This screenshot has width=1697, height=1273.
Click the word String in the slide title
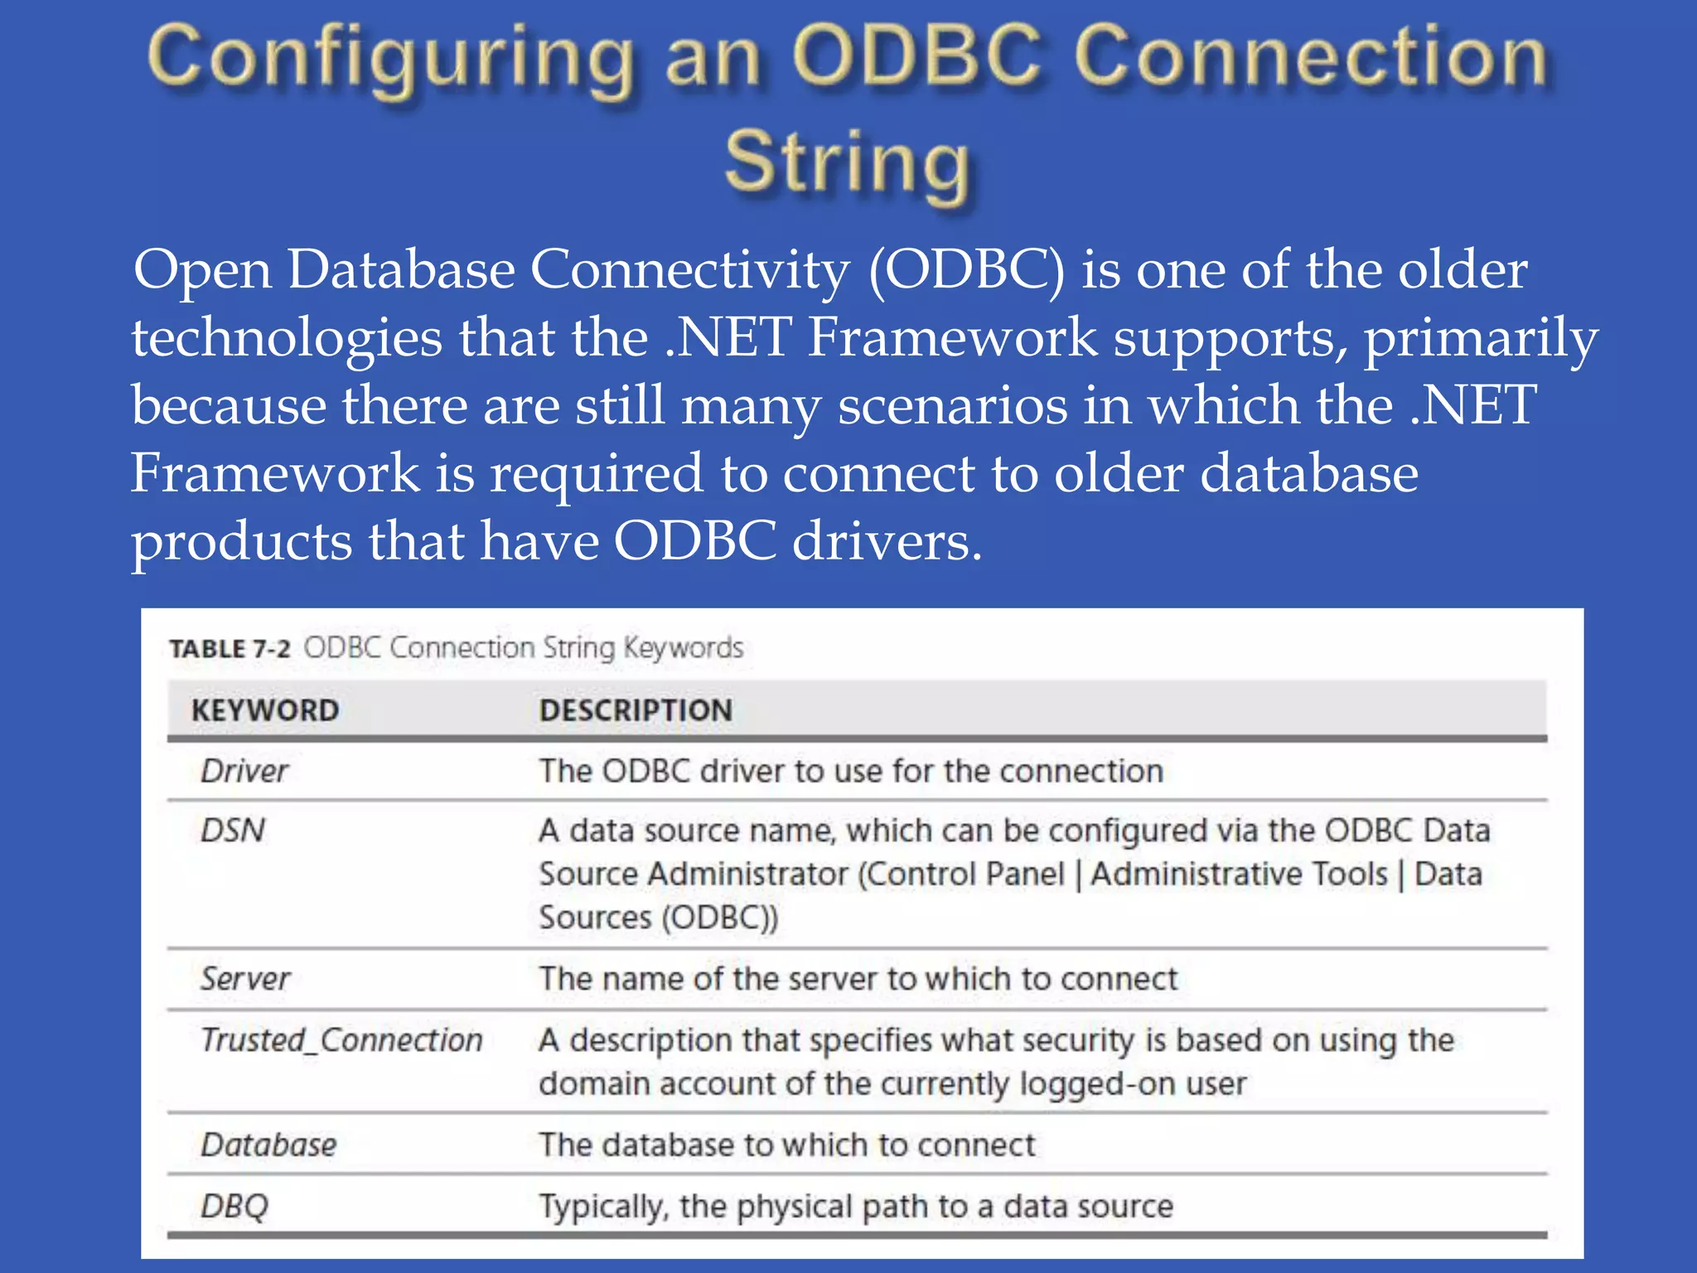tap(847, 162)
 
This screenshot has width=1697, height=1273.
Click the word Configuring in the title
tap(389, 58)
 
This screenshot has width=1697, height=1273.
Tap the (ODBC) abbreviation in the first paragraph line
tap(966, 270)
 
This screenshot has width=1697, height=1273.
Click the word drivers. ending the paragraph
tap(887, 542)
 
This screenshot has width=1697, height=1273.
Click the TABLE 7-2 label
tap(230, 649)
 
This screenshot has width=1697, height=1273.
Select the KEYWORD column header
tap(265, 710)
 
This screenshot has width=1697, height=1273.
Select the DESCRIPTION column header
tap(636, 710)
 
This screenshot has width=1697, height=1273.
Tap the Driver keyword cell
tap(244, 772)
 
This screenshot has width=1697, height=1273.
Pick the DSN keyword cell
tap(233, 830)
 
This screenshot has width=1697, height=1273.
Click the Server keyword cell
tap(245, 980)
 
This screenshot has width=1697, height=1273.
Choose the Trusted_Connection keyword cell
tap(341, 1040)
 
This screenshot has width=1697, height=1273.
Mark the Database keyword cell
tap(268, 1145)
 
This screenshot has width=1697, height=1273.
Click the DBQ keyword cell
tap(234, 1206)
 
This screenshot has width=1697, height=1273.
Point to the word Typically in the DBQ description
tap(602, 1207)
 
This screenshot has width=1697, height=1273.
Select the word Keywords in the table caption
tap(683, 648)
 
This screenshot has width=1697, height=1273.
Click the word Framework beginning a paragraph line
tap(275, 474)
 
